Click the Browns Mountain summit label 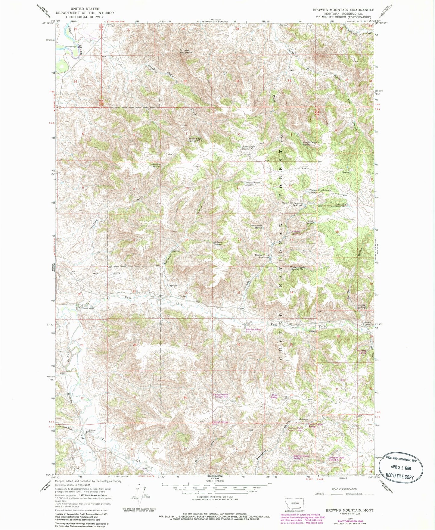coord(185,51)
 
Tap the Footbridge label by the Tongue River coord(71,47)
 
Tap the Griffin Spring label coord(362,307)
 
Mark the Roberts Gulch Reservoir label coord(252,184)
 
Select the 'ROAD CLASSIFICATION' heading coord(344,489)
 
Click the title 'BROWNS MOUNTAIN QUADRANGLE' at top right coord(343,10)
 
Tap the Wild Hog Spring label coord(362,351)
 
